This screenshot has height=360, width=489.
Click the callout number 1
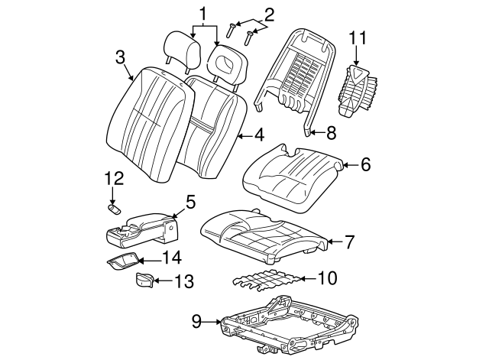click(203, 13)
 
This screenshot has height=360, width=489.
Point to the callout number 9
click(196, 322)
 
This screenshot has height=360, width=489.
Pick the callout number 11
click(358, 37)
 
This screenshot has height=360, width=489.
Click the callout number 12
click(113, 178)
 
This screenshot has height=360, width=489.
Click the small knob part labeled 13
click(144, 280)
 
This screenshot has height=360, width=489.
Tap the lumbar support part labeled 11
click(356, 89)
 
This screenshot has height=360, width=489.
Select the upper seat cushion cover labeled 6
click(290, 174)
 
